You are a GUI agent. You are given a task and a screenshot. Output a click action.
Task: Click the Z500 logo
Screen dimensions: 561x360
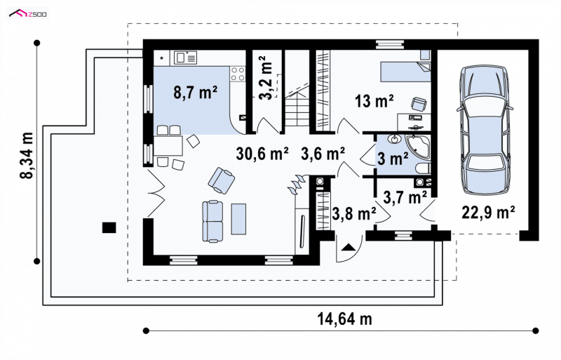pos(27,13)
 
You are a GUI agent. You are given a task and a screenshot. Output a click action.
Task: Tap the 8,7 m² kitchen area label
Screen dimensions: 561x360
pos(196,93)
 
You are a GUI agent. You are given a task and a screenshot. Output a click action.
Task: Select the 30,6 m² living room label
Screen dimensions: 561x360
pos(262,154)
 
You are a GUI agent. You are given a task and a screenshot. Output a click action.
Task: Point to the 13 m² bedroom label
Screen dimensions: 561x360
pos(374,101)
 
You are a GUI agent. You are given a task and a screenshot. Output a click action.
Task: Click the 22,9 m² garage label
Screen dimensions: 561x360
pos(488,212)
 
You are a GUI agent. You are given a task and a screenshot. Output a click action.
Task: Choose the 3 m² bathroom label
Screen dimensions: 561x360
pos(393,159)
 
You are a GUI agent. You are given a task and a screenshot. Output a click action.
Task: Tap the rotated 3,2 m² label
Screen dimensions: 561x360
pos(266,78)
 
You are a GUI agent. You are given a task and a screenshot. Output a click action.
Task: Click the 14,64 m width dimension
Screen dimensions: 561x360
pos(345,319)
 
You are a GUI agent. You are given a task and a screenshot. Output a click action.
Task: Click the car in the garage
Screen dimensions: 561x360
pos(485,131)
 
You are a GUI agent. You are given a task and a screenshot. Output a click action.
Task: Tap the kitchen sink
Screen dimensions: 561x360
pos(185,58)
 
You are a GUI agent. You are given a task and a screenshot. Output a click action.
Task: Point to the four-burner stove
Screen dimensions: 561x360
pos(238,74)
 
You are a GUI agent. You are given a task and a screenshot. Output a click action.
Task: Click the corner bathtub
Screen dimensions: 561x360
pos(418,147)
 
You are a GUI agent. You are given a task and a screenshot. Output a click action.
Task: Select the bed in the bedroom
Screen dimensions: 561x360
pos(405,72)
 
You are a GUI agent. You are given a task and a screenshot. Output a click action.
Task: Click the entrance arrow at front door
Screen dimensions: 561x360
pos(349,247)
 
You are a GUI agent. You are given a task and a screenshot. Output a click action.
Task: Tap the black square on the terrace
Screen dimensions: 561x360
pos(109,227)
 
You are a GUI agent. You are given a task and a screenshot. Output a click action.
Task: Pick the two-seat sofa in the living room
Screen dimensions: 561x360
pos(212,221)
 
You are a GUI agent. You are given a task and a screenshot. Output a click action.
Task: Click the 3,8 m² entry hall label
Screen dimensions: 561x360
pos(354,213)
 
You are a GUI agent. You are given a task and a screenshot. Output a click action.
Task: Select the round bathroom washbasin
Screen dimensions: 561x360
pos(395,139)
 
